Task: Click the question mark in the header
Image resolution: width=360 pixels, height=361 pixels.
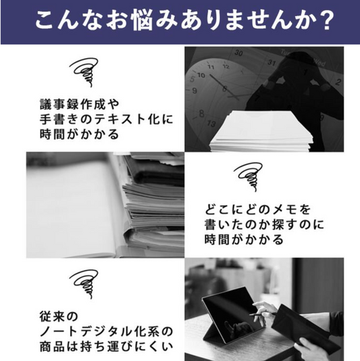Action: [x=325, y=20]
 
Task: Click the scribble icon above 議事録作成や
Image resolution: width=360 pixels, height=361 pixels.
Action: [x=84, y=72]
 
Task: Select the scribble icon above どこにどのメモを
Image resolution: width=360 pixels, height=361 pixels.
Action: [x=249, y=176]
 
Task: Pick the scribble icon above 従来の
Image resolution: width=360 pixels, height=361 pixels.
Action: [x=84, y=284]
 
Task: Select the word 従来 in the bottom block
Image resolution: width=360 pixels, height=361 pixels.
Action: [x=53, y=316]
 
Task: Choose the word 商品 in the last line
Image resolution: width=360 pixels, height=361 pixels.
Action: [x=53, y=347]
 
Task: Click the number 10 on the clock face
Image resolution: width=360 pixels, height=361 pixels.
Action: [x=201, y=75]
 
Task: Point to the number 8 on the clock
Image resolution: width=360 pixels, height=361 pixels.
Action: [x=201, y=114]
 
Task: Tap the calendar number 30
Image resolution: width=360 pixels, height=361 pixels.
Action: [x=238, y=53]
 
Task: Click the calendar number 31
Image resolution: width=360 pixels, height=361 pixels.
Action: [x=272, y=62]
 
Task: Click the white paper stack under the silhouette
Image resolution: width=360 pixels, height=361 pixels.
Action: [x=261, y=130]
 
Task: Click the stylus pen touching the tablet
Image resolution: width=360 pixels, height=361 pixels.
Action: [x=263, y=314]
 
